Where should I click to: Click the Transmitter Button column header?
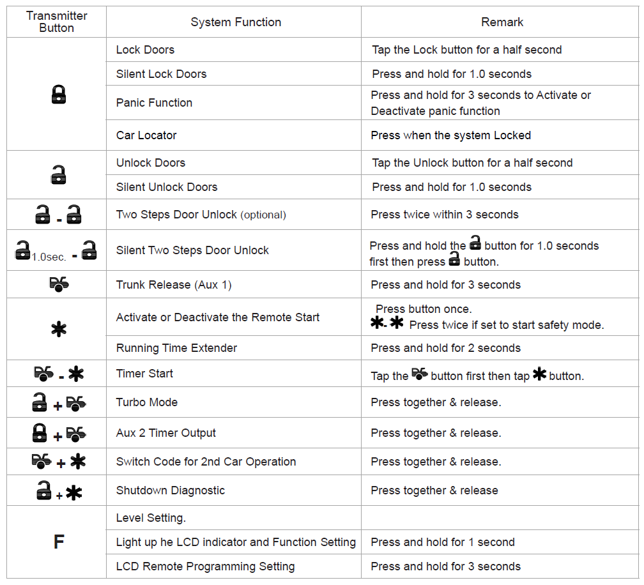pos(56,22)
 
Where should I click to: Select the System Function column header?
pos(236,22)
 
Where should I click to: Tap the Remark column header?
pos(502,22)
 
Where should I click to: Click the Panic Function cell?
pos(154,103)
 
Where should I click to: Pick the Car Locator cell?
pos(146,135)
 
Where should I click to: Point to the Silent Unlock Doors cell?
pos(167,187)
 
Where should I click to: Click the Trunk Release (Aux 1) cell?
pos(174,285)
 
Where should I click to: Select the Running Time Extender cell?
pos(176,348)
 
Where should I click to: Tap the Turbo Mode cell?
pos(147,402)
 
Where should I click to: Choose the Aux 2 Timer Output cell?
pos(166,433)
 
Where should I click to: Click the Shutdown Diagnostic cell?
pos(171,490)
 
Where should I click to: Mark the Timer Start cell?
pos(144,374)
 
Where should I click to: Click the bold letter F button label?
pos(58,542)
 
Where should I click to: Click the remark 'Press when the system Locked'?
pos(450,135)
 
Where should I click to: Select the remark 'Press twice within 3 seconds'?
pos(445,215)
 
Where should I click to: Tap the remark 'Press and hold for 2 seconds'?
pos(445,348)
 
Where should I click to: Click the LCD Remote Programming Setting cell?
pos(205,566)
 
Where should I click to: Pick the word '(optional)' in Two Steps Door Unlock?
pos(263,215)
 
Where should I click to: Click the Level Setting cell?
pos(151,518)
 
